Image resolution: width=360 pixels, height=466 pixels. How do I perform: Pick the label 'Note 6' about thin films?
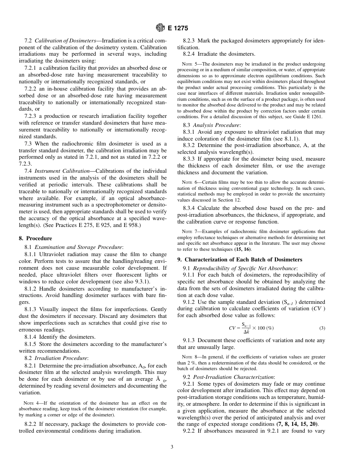point(190,182)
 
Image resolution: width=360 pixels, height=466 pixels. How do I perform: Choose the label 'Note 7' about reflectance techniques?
point(190,231)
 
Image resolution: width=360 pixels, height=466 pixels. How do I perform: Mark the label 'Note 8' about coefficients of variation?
point(190,357)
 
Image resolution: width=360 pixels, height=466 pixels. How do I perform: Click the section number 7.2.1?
point(31,68)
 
